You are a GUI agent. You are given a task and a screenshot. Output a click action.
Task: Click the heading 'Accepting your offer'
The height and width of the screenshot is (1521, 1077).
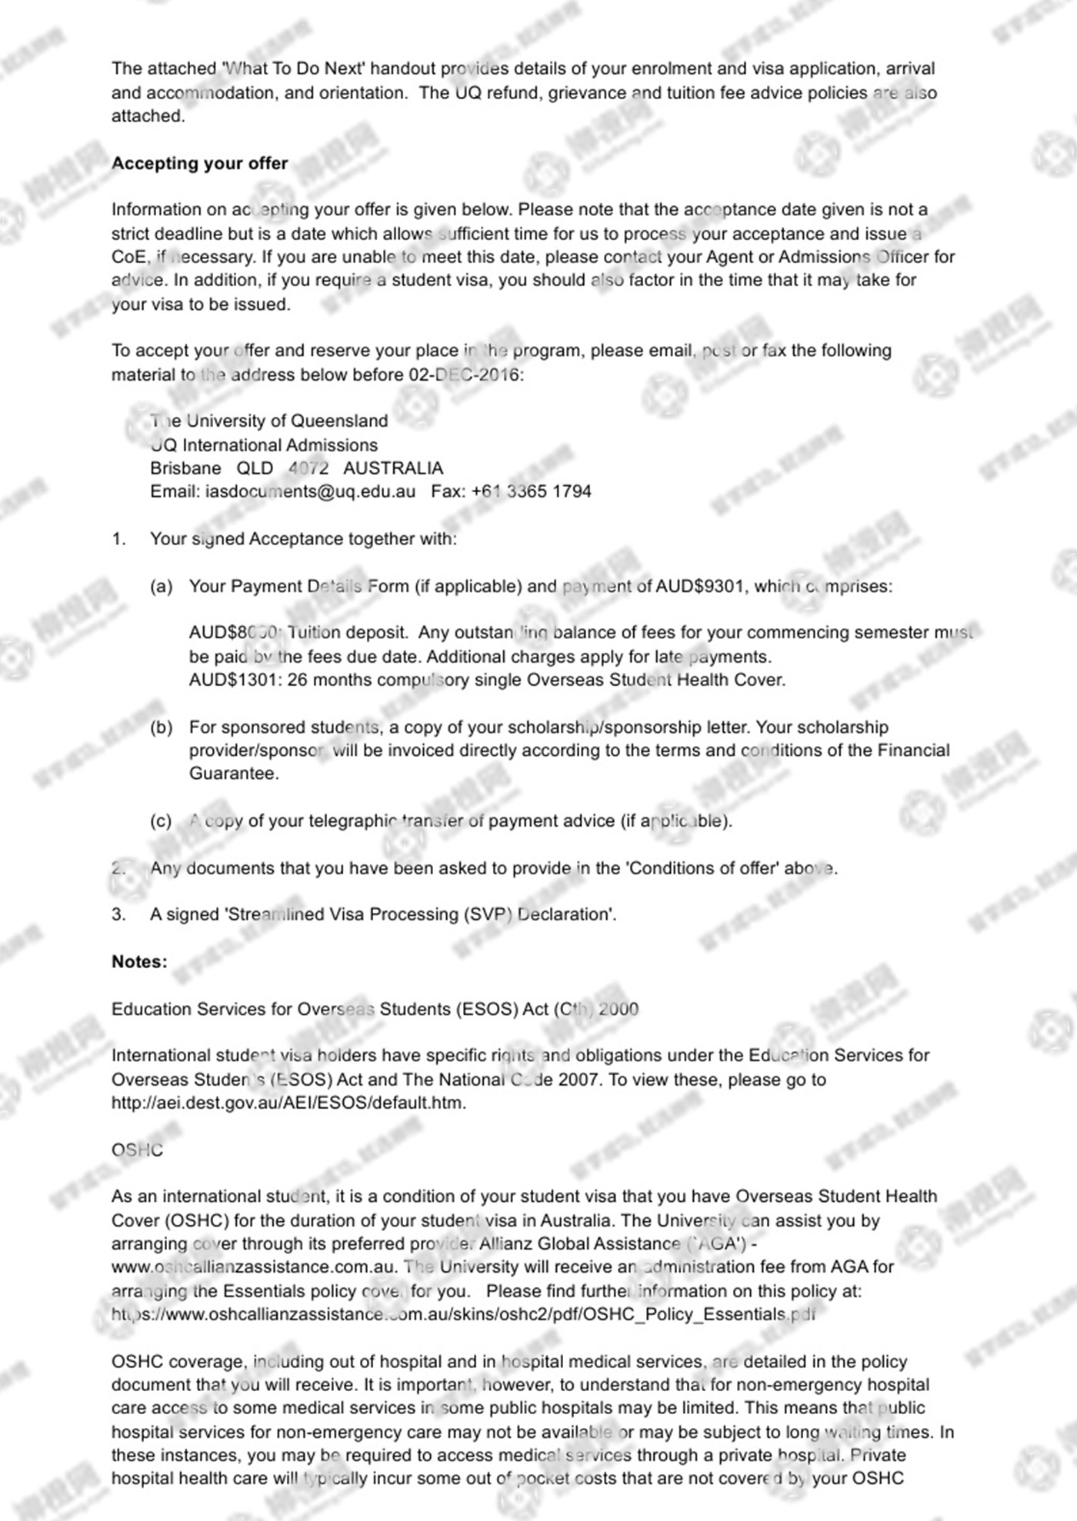click(x=199, y=163)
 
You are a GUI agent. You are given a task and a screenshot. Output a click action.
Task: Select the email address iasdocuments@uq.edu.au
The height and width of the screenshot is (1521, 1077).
click(x=310, y=491)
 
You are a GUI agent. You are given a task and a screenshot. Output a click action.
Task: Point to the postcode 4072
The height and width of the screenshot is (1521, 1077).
click(x=308, y=468)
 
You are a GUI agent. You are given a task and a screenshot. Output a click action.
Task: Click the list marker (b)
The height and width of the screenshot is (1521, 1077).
click(x=161, y=727)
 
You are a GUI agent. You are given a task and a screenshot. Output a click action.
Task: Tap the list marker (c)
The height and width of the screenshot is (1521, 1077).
click(x=161, y=820)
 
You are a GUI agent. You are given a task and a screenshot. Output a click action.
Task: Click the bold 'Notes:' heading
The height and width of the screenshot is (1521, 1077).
click(x=139, y=961)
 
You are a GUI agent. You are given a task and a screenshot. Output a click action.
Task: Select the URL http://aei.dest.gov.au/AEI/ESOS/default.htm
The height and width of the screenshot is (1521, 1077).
click(x=288, y=1102)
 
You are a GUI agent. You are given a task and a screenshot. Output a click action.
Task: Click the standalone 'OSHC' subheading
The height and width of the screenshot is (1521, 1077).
click(x=137, y=1150)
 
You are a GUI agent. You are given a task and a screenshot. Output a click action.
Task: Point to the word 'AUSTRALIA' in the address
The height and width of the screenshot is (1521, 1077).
click(x=393, y=468)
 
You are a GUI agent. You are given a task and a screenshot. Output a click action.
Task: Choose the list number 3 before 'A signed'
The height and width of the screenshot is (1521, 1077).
click(x=118, y=914)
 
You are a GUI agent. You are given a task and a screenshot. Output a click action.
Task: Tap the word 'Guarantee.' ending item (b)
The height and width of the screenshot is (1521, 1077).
click(x=234, y=774)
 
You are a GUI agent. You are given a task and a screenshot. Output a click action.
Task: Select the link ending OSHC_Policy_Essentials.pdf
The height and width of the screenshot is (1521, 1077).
click(x=464, y=1314)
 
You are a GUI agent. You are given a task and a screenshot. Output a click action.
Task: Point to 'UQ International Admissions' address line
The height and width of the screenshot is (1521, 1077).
click(x=264, y=444)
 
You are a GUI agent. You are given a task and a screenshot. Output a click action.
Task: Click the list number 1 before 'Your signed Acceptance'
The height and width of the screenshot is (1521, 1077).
click(x=118, y=539)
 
